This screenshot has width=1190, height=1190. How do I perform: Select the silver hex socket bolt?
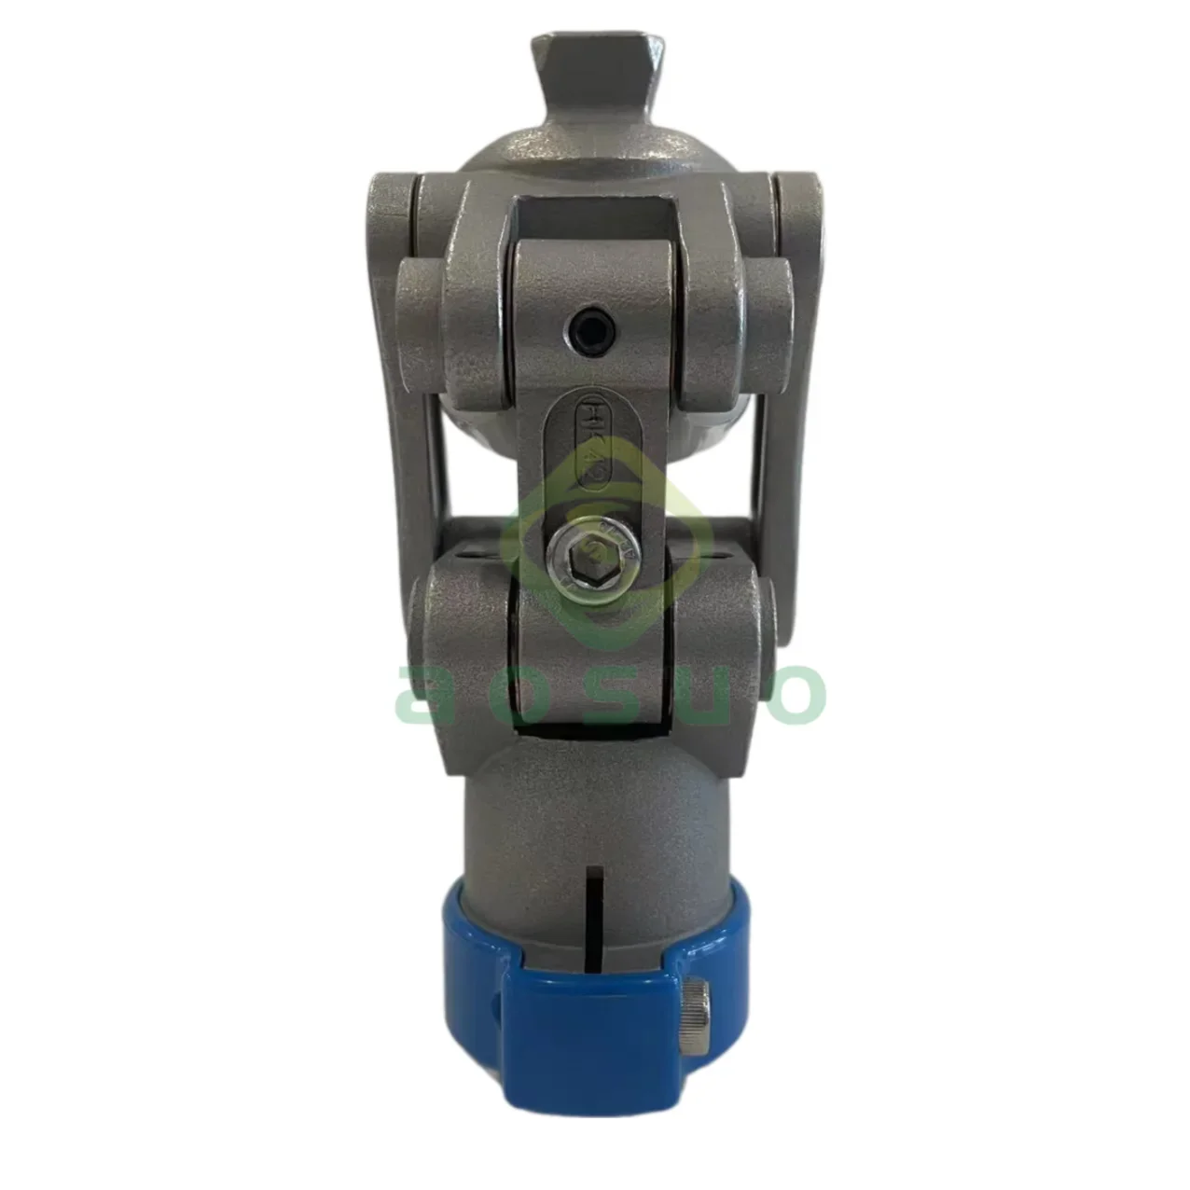(x=593, y=559)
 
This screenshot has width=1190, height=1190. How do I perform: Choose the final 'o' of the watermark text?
(x=798, y=695)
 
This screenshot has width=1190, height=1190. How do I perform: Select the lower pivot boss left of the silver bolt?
(x=462, y=634)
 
